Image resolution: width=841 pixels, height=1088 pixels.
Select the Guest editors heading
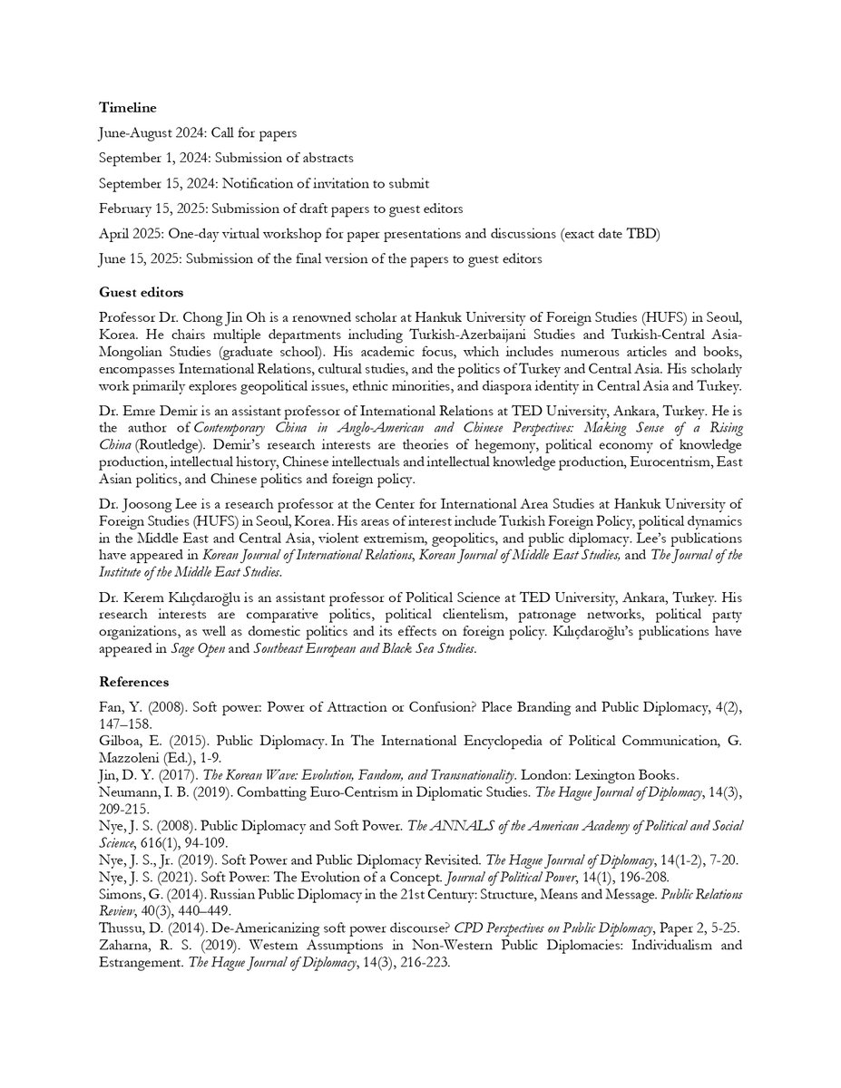tap(141, 293)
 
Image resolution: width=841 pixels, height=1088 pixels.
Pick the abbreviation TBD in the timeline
tap(641, 234)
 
